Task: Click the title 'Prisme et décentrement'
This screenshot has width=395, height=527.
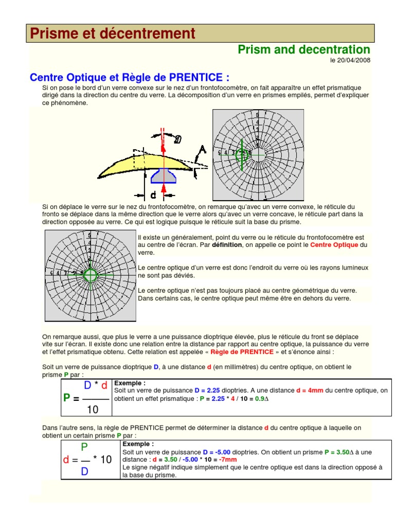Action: click(x=113, y=33)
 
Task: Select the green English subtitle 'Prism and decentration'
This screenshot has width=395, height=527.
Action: click(x=303, y=49)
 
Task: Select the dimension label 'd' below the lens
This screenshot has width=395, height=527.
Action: click(x=153, y=196)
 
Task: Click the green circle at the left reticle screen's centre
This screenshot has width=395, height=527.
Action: click(x=90, y=274)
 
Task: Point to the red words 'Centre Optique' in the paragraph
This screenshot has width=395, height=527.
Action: click(x=334, y=245)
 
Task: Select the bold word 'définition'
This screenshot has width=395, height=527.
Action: click(x=227, y=245)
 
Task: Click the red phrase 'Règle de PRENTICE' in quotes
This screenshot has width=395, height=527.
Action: click(x=242, y=352)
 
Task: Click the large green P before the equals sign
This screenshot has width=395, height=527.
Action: click(x=67, y=398)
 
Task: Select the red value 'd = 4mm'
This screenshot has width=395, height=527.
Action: click(x=310, y=391)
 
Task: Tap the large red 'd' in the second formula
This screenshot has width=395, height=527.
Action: click(x=66, y=460)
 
